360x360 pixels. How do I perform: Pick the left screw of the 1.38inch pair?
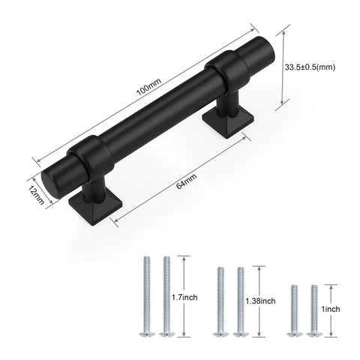click(219, 300)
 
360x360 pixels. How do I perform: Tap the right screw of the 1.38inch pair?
click(240, 300)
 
